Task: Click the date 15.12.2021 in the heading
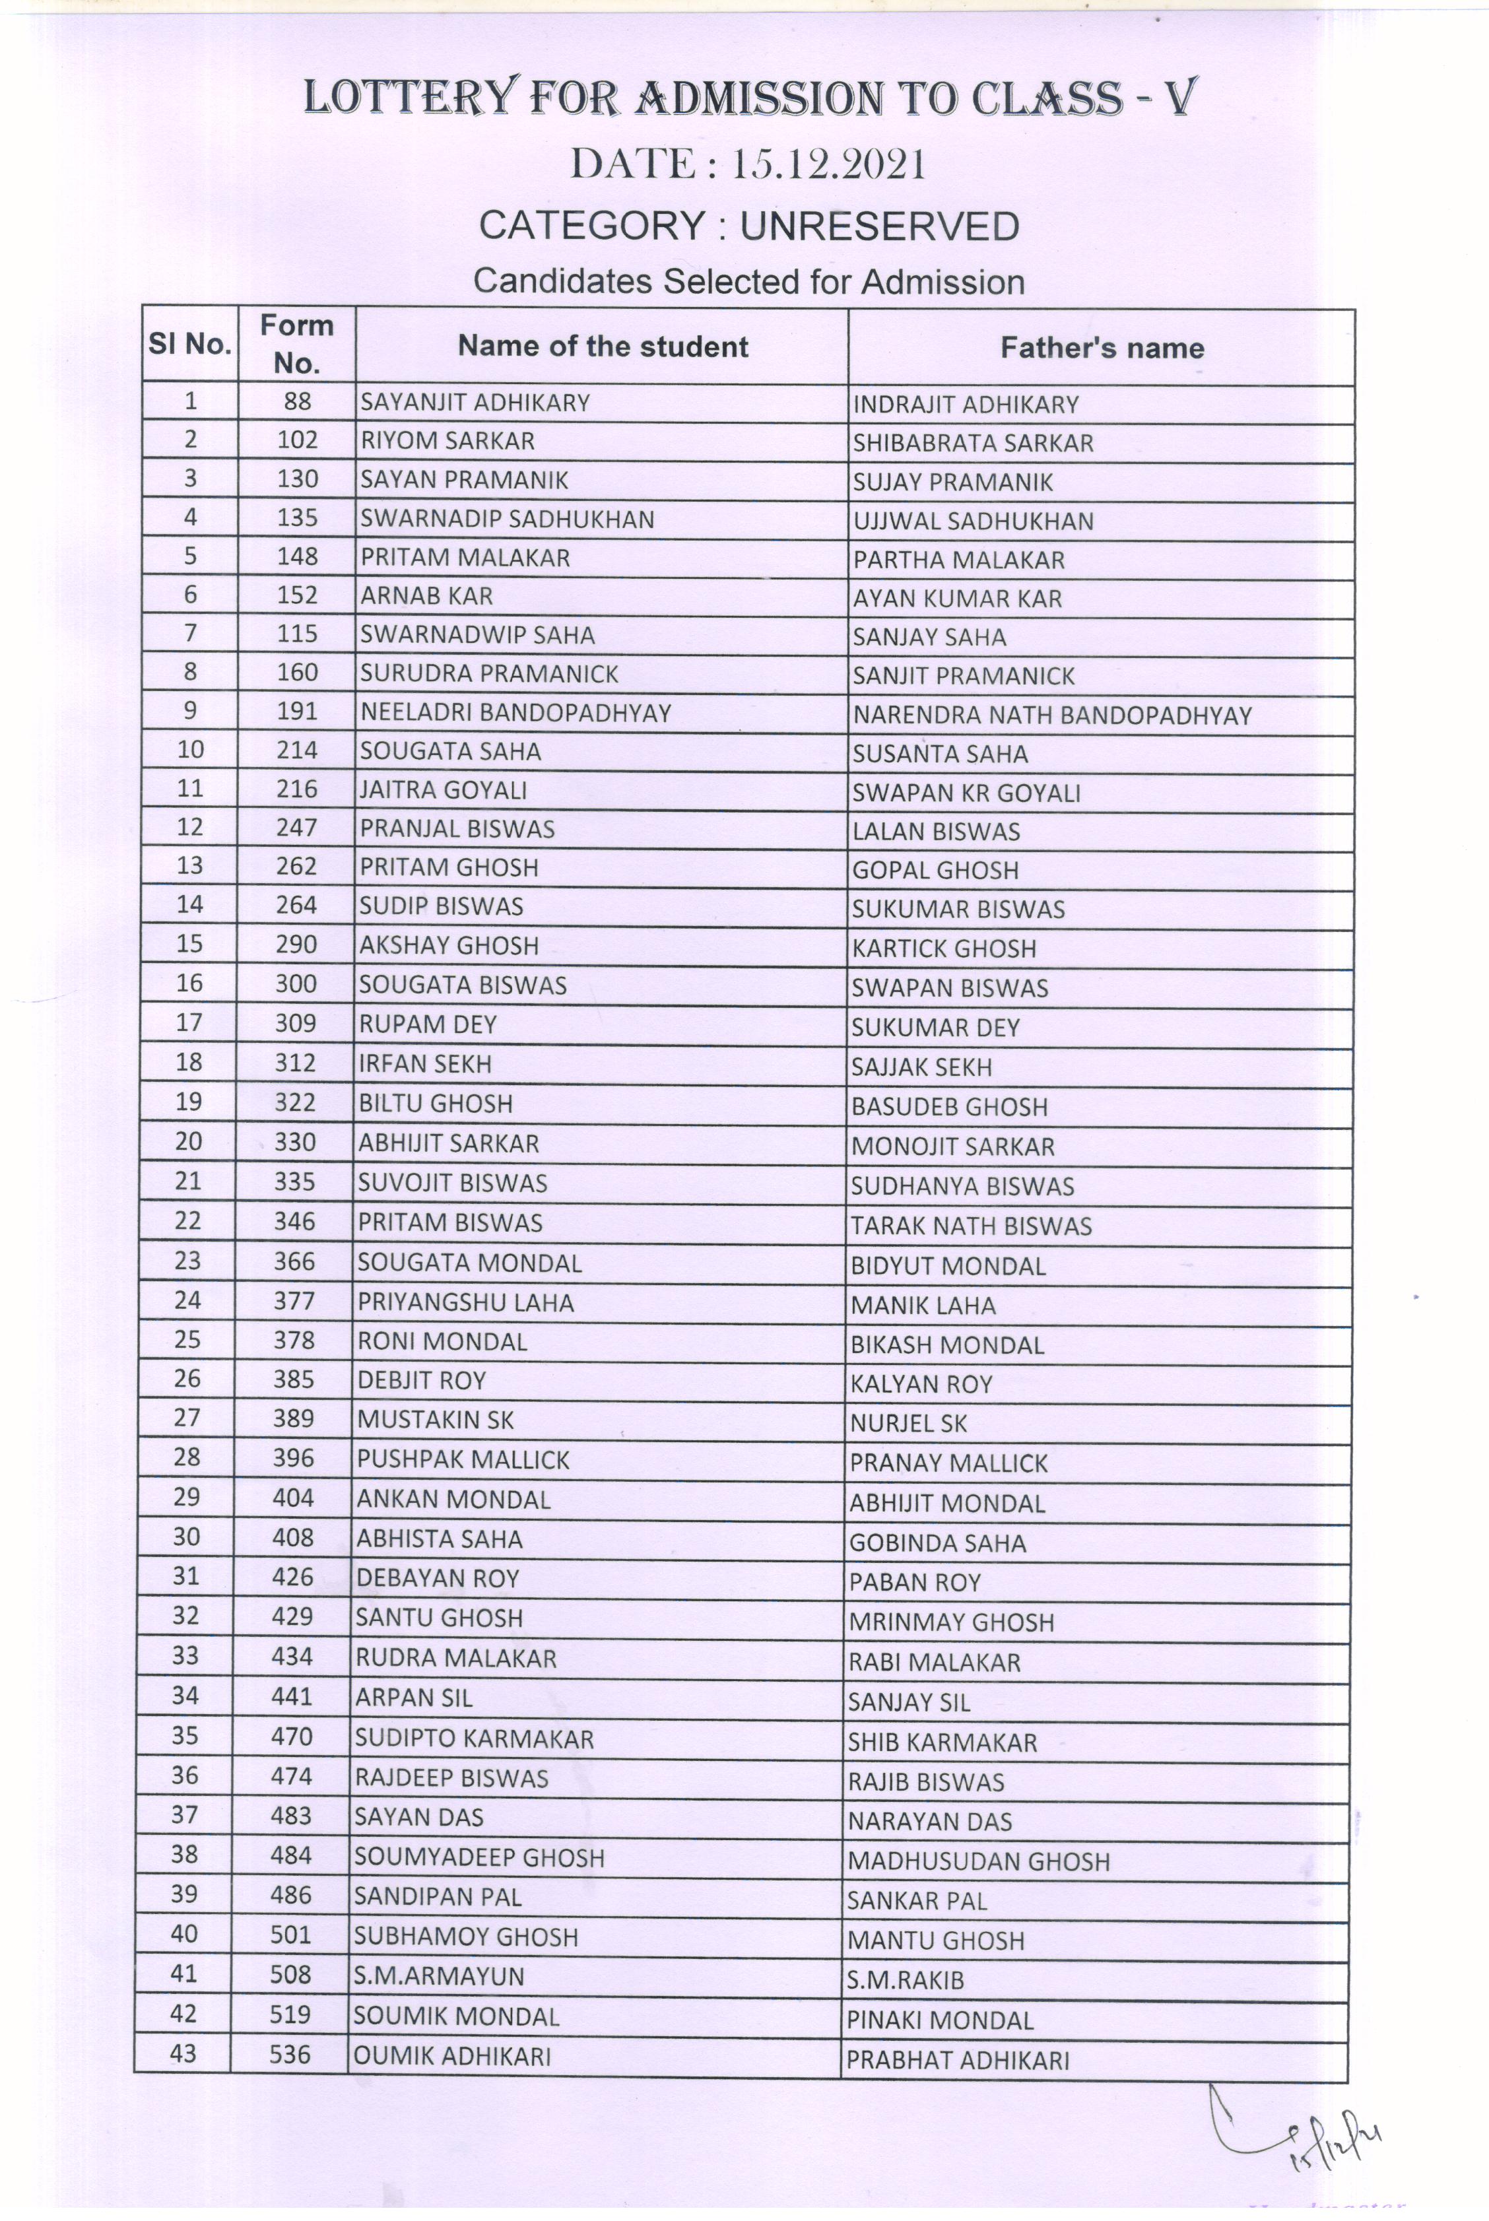(x=827, y=165)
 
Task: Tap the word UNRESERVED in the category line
(x=878, y=226)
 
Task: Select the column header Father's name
(x=1102, y=348)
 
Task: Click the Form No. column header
(x=296, y=344)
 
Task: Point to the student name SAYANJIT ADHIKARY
(x=475, y=403)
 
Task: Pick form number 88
(x=297, y=402)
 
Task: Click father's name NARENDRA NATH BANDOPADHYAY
(x=1052, y=715)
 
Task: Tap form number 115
(x=297, y=634)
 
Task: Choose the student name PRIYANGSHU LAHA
(x=465, y=1303)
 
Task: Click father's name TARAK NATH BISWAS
(x=970, y=1226)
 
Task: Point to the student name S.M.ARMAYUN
(x=439, y=1976)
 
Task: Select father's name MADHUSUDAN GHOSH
(x=978, y=1861)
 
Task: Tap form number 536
(x=290, y=2054)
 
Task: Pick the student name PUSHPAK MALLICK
(x=463, y=1459)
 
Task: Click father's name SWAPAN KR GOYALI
(x=966, y=793)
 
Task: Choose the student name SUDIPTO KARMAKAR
(x=474, y=1739)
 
